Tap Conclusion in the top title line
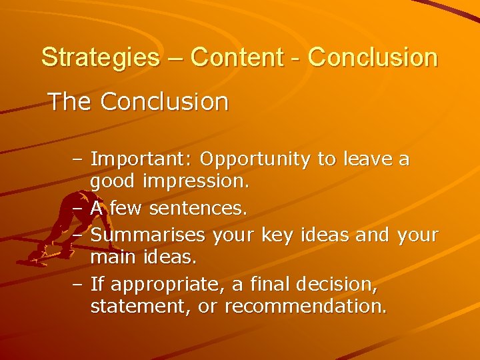pyautogui.click(x=373, y=57)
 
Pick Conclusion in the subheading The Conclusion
pyautogui.click(x=165, y=102)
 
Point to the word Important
pyautogui.click(x=141, y=159)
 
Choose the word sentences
pyautogui.click(x=198, y=209)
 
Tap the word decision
pyautogui.click(x=339, y=285)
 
